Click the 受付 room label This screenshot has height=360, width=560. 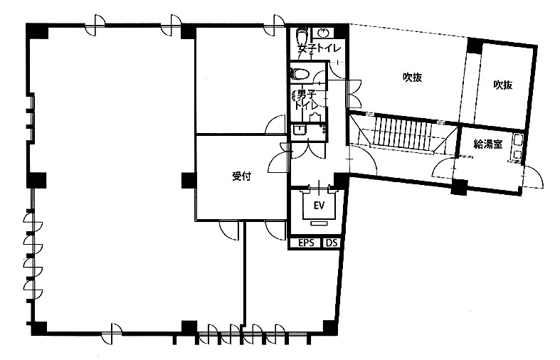pos(241,176)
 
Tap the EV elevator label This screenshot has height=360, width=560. pos(319,206)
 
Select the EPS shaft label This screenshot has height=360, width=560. pos(307,243)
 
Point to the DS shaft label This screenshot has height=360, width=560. pos(332,243)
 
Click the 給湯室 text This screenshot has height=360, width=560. pos(488,144)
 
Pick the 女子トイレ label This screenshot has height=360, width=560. pos(319,48)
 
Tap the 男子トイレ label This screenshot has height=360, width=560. pos(306,100)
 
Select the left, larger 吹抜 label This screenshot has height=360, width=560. pos(413,77)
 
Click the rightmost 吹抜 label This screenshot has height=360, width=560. pos(503,85)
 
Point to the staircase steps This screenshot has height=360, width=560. pos(403,130)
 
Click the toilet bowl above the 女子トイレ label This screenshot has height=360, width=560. pos(302,35)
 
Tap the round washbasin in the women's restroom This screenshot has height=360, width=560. pos(322,33)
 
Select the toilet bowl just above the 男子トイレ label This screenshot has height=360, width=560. pos(300,73)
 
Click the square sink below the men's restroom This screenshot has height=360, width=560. pos(299,129)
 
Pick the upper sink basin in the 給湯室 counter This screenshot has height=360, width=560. pos(517,140)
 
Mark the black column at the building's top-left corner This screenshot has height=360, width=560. pos(38,31)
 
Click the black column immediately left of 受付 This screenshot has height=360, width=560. pos(189,180)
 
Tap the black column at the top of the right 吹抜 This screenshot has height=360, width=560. pos(475,46)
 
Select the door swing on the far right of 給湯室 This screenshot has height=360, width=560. pos(533,176)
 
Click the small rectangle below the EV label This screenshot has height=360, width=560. pos(319,223)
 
